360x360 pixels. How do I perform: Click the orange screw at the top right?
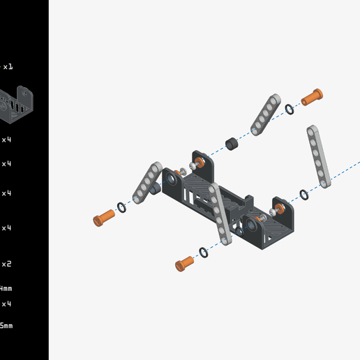312,96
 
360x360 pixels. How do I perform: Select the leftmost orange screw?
104,218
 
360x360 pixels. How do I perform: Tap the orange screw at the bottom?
185,262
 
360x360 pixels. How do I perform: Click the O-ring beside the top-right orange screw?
290,109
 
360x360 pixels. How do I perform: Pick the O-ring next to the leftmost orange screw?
122,207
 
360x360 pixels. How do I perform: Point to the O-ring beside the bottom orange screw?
204,252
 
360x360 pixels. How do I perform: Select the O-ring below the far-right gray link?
303,195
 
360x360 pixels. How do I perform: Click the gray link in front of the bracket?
220,214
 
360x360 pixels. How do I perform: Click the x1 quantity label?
7,67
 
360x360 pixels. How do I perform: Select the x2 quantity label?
6,264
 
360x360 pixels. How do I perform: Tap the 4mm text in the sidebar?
6,288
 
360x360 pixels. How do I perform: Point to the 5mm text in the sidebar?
6,326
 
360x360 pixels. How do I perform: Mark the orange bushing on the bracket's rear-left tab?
199,163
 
